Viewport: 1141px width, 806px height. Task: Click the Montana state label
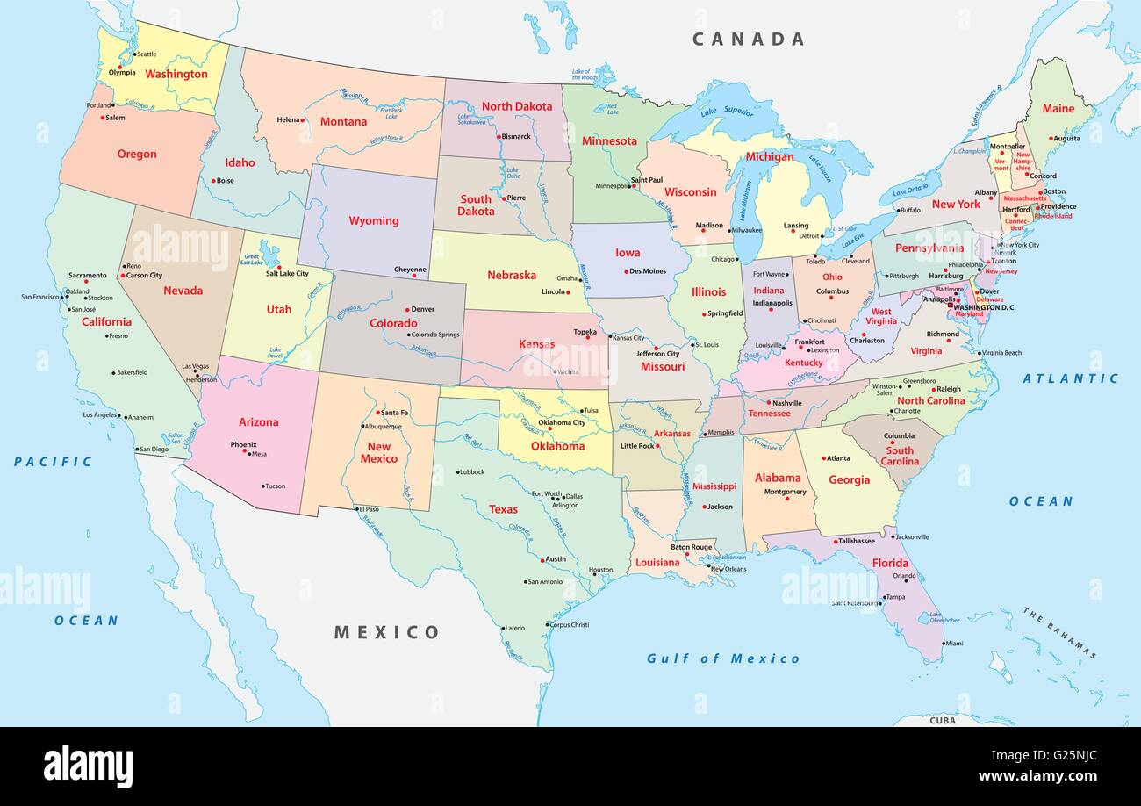coord(343,121)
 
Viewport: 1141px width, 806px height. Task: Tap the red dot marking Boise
coord(212,181)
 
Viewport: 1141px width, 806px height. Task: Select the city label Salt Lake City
coord(287,273)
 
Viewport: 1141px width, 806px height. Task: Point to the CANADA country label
coord(748,39)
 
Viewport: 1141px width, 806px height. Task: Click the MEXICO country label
coord(386,632)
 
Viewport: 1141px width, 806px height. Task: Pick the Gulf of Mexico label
coord(723,658)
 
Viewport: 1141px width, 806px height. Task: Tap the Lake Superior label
coord(726,112)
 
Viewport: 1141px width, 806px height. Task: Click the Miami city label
coord(953,644)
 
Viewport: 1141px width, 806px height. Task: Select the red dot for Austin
coord(542,559)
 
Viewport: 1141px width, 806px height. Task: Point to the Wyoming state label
coord(374,220)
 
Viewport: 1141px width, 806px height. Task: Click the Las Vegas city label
coord(195,366)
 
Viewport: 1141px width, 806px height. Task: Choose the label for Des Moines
coord(648,271)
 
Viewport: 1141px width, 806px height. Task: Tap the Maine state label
coord(1058,109)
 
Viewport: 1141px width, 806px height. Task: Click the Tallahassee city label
coord(857,541)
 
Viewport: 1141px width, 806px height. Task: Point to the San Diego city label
coord(154,450)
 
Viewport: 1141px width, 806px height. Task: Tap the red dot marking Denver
coord(407,310)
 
